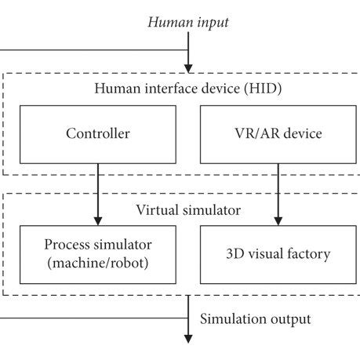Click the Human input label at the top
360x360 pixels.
[x=187, y=23]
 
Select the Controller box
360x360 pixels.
[x=97, y=133]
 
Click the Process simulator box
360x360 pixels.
[x=98, y=253]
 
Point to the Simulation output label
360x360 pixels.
[x=256, y=318]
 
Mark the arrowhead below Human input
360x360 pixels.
[x=188, y=67]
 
